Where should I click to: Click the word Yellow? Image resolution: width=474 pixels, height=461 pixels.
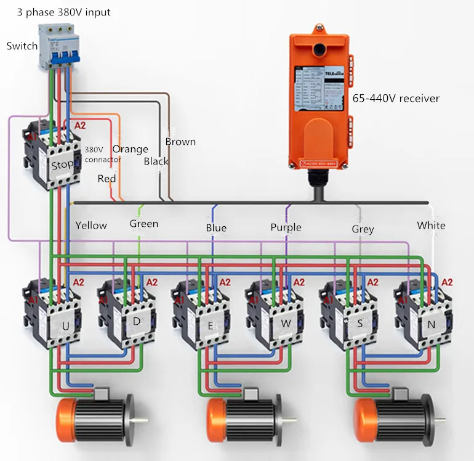click(x=91, y=226)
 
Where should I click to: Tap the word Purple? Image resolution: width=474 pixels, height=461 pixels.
click(x=286, y=227)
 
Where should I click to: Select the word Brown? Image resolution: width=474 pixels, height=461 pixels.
click(x=180, y=142)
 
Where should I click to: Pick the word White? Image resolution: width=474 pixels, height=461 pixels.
click(x=431, y=226)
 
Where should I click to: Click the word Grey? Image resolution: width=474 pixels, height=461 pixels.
click(x=363, y=229)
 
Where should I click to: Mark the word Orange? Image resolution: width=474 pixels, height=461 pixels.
click(x=130, y=149)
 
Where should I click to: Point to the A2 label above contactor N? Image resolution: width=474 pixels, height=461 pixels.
click(x=448, y=281)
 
